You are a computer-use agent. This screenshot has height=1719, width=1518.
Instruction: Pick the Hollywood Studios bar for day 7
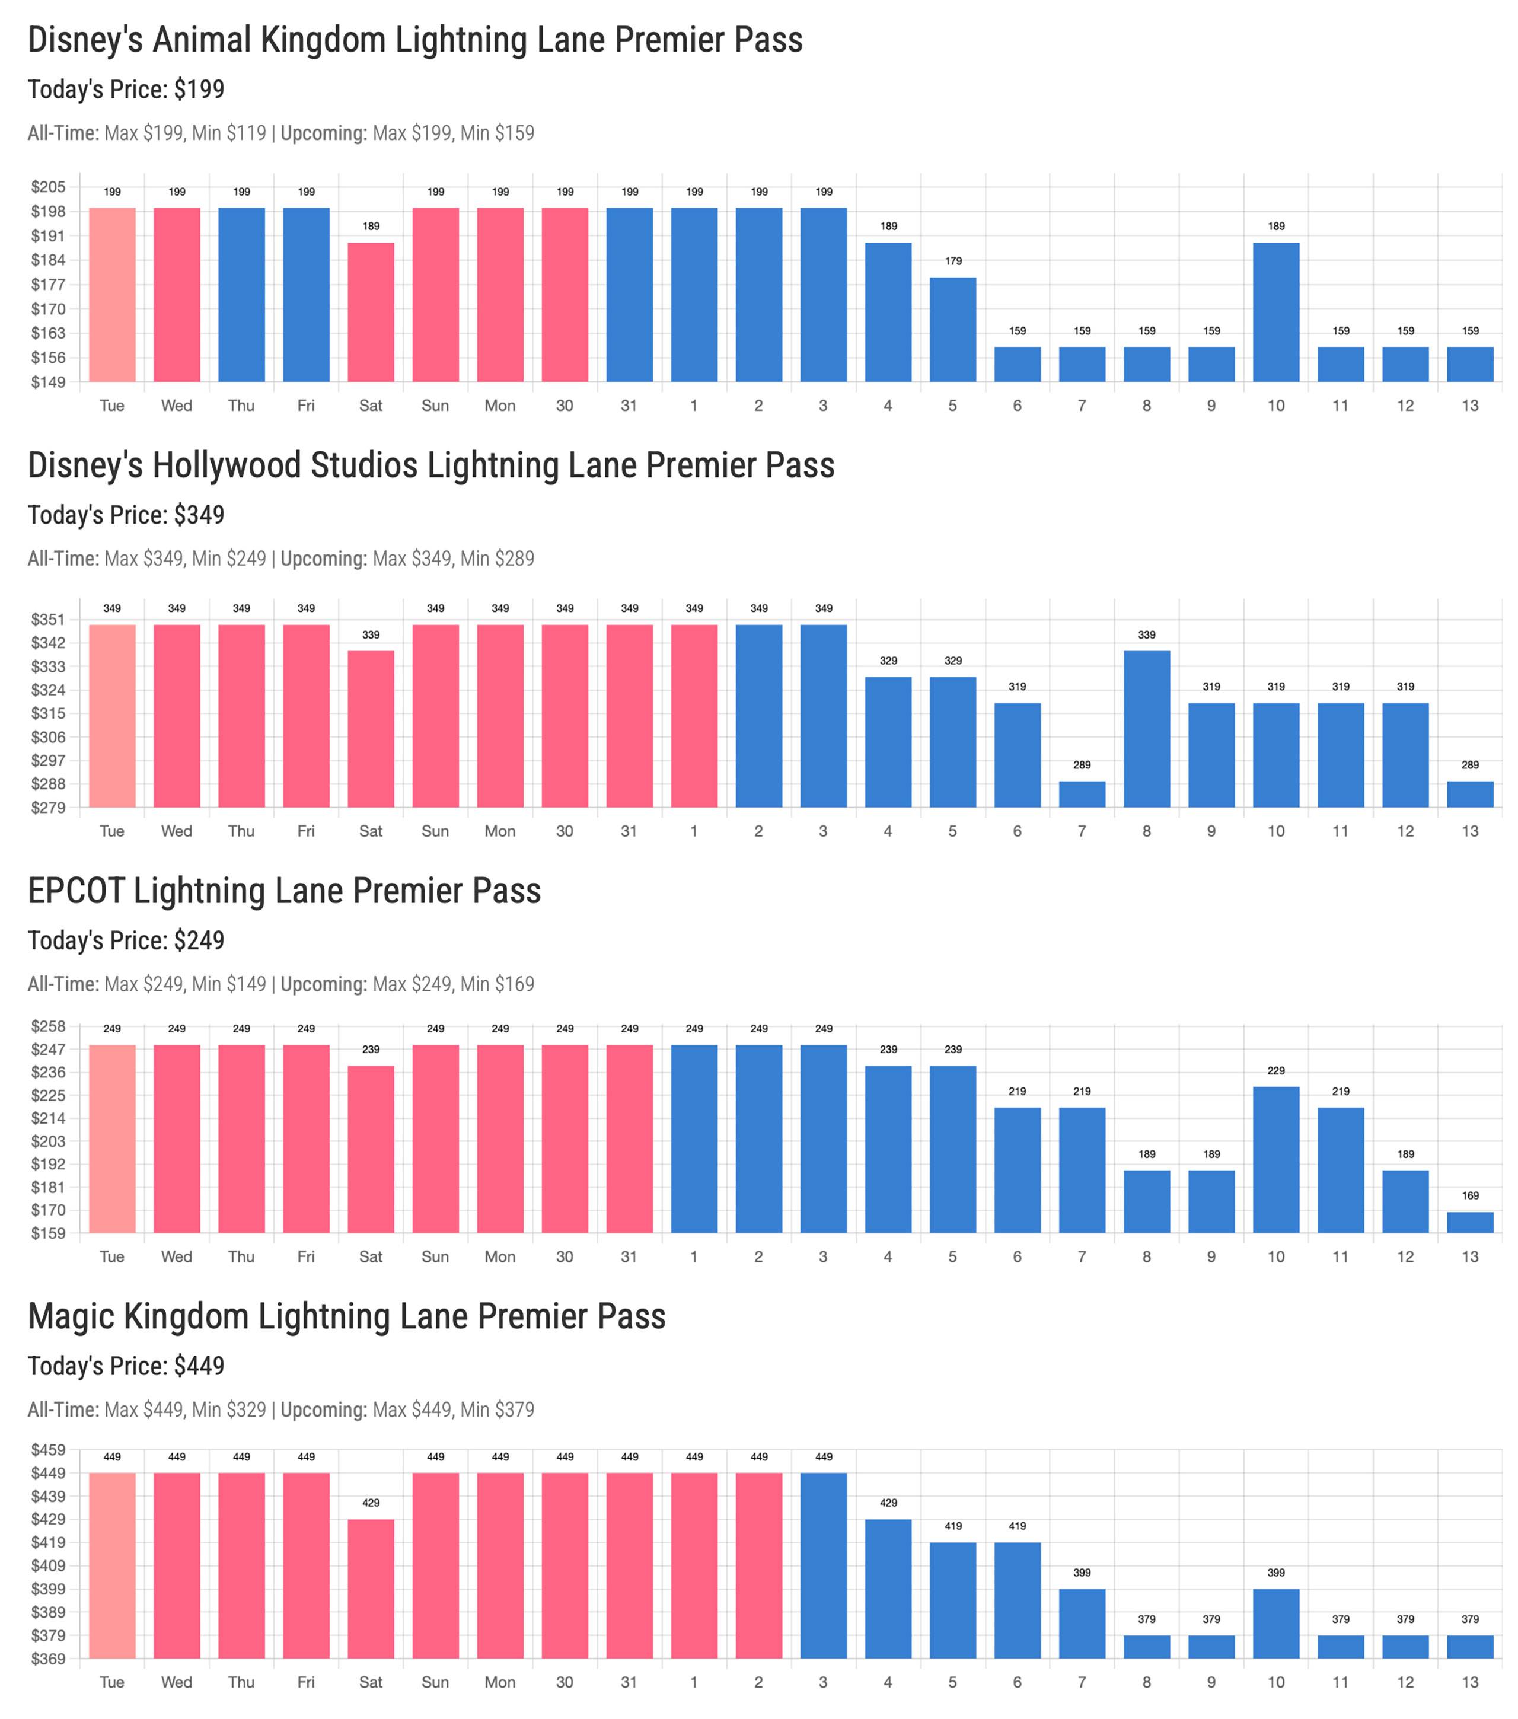1082,794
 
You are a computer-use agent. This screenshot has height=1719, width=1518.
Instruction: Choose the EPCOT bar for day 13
1469,1222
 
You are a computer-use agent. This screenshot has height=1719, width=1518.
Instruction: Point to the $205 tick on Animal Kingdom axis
48,187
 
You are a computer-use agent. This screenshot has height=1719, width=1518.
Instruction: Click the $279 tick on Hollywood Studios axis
48,808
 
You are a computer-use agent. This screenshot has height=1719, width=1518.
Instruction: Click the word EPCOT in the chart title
76,891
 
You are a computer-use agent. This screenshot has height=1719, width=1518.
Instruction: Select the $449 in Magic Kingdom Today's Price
199,1367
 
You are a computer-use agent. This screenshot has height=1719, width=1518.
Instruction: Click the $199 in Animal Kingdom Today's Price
199,90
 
